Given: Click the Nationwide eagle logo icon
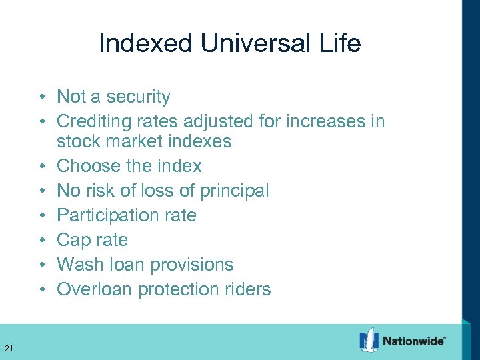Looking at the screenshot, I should click(x=369, y=340).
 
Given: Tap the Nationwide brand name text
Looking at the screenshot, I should click(x=414, y=341).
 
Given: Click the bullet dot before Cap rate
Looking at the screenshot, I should click(x=41, y=240).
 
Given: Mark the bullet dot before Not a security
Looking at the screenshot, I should click(x=41, y=97).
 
